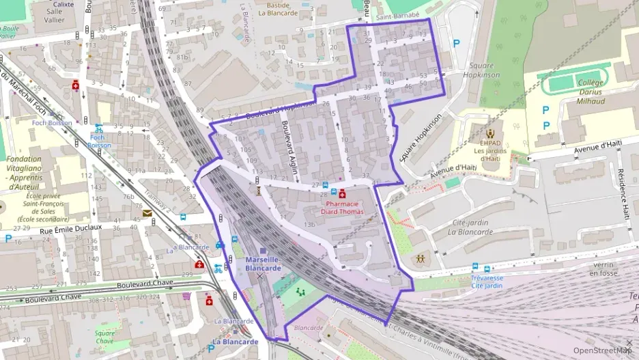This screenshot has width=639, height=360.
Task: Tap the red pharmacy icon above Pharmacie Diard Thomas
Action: (x=343, y=195)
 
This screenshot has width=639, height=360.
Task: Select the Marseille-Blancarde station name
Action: (x=263, y=264)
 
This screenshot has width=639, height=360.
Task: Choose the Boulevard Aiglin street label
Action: (x=288, y=142)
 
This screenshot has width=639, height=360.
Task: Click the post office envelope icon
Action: (x=147, y=213)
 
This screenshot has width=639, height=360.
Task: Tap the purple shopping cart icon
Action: (x=186, y=296)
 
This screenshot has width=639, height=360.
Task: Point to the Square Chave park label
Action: (x=104, y=337)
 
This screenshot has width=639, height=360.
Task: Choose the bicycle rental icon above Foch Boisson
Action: (x=99, y=127)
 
